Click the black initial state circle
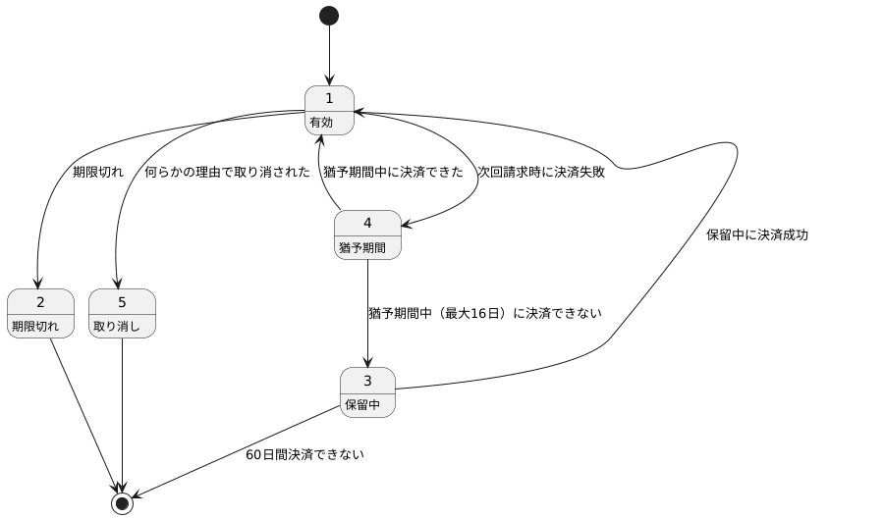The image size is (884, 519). point(329,16)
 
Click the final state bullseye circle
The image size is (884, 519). point(122,503)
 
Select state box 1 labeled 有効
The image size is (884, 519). point(329,110)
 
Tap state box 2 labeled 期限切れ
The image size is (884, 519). point(40,313)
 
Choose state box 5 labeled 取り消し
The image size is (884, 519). point(122,313)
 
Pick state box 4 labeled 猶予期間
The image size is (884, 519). point(367,234)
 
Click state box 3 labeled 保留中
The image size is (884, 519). point(367,392)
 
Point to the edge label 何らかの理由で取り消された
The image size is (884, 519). point(227,172)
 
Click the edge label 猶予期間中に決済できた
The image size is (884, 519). point(393,172)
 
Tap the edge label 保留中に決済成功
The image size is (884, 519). point(756,234)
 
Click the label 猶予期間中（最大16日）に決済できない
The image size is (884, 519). point(484,313)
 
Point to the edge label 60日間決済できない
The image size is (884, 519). point(304,454)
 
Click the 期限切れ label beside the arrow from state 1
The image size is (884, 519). point(98,172)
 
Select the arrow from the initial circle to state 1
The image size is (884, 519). point(329,54)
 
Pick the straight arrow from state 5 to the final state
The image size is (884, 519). point(122,412)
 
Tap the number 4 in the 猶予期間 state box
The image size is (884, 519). point(367,223)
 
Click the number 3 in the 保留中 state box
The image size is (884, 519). point(367,381)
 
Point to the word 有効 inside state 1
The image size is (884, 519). point(321,123)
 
